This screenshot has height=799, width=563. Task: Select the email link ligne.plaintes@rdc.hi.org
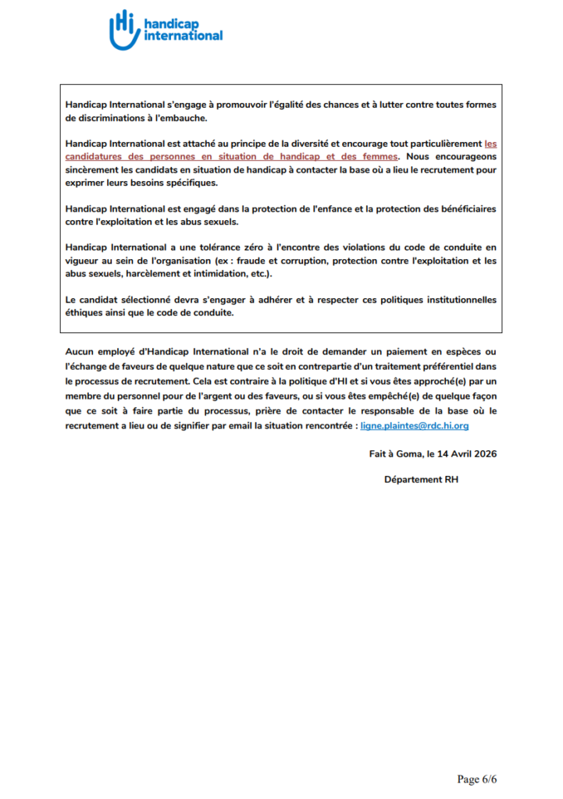414,426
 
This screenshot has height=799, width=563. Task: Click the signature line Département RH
421,479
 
